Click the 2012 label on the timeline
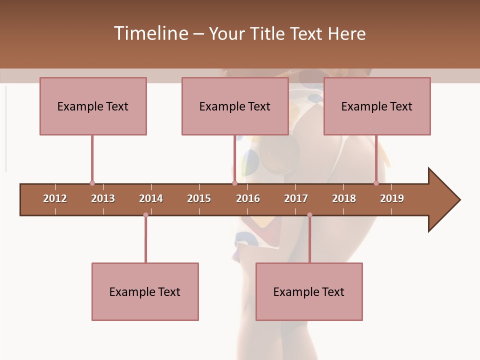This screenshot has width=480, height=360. [55, 198]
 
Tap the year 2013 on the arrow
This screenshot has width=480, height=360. [103, 198]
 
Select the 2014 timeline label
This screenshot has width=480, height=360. [151, 198]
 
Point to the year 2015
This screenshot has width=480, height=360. [199, 198]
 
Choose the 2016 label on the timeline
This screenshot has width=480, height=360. [248, 198]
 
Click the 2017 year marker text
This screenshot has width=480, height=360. [296, 198]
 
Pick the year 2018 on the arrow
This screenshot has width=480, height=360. [344, 198]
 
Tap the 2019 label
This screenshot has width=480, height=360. [392, 198]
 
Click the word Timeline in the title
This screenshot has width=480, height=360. [150, 33]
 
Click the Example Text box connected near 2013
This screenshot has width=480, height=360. [93, 106]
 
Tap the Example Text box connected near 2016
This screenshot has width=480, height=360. [235, 106]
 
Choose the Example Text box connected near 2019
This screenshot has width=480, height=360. [377, 106]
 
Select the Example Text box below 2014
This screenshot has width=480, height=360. [145, 291]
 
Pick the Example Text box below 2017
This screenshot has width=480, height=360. [309, 291]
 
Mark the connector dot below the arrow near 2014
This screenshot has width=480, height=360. [145, 215]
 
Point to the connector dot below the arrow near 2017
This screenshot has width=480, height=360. [309, 215]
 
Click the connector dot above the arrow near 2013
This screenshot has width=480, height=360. [92, 183]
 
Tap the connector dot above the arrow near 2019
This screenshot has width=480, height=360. [376, 183]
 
